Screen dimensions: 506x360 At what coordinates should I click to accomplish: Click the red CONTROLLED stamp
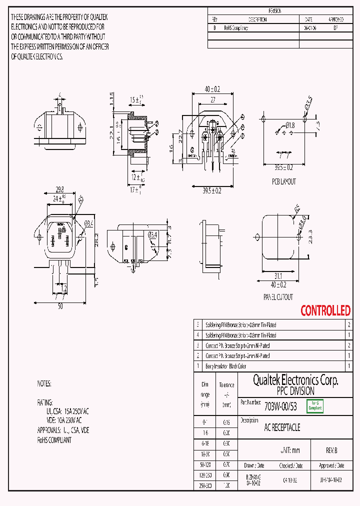pyautogui.click(x=325, y=310)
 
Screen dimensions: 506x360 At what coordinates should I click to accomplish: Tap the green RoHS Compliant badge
pyautogui.click(x=315, y=405)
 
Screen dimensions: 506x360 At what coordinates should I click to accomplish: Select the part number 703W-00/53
pyautogui.click(x=280, y=406)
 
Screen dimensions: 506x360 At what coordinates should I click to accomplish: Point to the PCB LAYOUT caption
pyautogui.click(x=284, y=181)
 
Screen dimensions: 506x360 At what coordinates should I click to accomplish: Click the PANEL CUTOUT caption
pyautogui.click(x=279, y=296)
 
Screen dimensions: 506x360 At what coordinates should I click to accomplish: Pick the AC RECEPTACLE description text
pyautogui.click(x=282, y=428)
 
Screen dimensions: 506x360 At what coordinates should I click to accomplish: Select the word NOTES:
pyautogui.click(x=44, y=384)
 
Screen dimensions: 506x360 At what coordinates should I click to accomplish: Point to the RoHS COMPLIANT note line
pyautogui.click(x=54, y=440)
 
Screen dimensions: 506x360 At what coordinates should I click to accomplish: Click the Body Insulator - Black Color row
pyautogui.click(x=226, y=366)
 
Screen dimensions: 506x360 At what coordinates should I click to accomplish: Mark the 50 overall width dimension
pyautogui.click(x=60, y=306)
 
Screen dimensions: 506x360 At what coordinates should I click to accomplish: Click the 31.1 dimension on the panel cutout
pyautogui.click(x=278, y=276)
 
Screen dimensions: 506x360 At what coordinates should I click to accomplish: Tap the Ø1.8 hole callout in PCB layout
pyautogui.click(x=290, y=125)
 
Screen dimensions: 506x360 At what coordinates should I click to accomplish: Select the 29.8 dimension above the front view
pyautogui.click(x=59, y=189)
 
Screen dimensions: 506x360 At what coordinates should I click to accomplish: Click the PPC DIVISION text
pyautogui.click(x=295, y=391)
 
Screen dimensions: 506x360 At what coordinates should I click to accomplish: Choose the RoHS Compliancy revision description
pyautogui.click(x=235, y=28)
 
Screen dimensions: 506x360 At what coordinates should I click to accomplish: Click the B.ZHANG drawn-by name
pyautogui.click(x=253, y=478)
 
